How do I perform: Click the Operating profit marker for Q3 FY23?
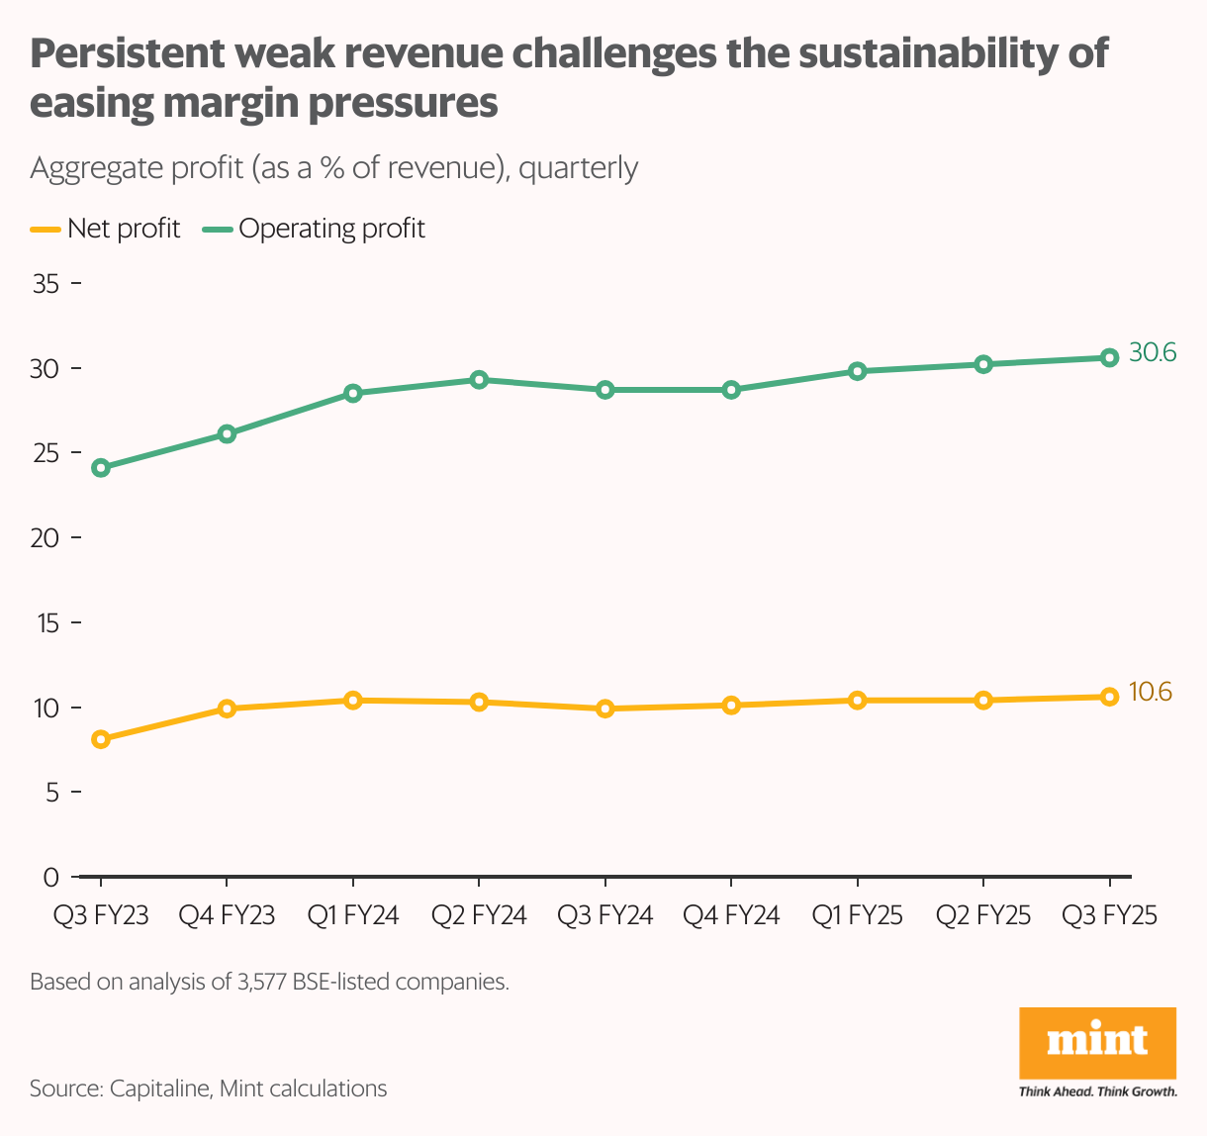click(100, 468)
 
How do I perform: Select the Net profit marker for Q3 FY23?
click(100, 739)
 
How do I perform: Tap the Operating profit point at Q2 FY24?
click(479, 379)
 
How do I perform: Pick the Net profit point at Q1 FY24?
click(352, 701)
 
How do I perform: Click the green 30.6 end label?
click(1153, 352)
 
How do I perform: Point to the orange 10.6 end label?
click(1150, 692)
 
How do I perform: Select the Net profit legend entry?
click(106, 229)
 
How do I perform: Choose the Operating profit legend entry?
click(315, 229)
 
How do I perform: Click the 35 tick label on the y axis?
click(46, 284)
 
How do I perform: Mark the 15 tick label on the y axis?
click(46, 623)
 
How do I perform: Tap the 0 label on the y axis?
click(51, 877)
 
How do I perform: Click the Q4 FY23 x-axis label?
click(227, 915)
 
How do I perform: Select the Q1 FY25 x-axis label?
click(857, 915)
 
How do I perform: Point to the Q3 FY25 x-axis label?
click(1109, 915)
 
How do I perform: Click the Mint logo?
click(1097, 1044)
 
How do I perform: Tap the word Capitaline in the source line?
click(159, 1089)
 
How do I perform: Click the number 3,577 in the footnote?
click(262, 983)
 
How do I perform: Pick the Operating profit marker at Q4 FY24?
click(731, 390)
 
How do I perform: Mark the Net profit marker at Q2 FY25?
click(983, 701)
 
